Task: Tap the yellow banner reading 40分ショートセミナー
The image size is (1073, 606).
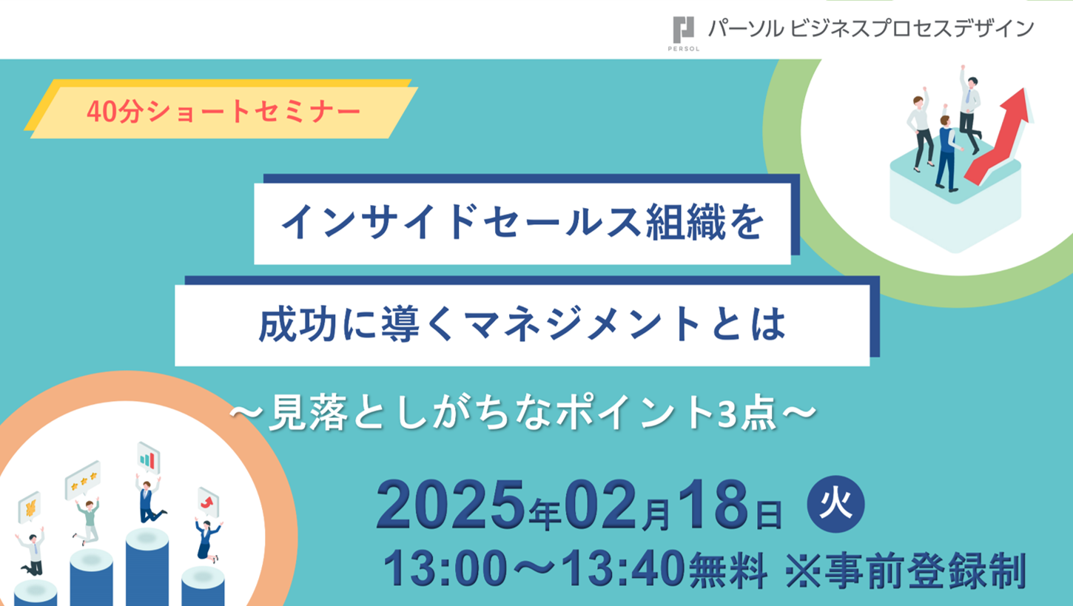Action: pyautogui.click(x=221, y=110)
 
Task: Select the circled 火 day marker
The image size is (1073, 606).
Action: pyautogui.click(x=836, y=504)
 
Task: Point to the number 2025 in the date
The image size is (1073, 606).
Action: pyautogui.click(x=450, y=505)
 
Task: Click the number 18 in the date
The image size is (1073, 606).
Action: pyautogui.click(x=713, y=505)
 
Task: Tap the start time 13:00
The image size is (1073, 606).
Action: pyautogui.click(x=445, y=569)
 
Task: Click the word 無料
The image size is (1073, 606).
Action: pyautogui.click(x=728, y=570)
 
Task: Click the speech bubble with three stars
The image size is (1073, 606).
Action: pyautogui.click(x=83, y=480)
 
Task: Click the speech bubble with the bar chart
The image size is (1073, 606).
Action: pyautogui.click(x=149, y=458)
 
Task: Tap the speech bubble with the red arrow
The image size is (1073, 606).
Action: pyautogui.click(x=208, y=502)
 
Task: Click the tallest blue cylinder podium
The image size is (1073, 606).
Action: pyautogui.click(x=147, y=568)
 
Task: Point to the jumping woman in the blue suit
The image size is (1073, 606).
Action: pyautogui.click(x=207, y=540)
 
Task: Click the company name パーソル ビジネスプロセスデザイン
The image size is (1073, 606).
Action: pyautogui.click(x=871, y=29)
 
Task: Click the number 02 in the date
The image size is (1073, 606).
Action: pyautogui.click(x=602, y=505)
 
